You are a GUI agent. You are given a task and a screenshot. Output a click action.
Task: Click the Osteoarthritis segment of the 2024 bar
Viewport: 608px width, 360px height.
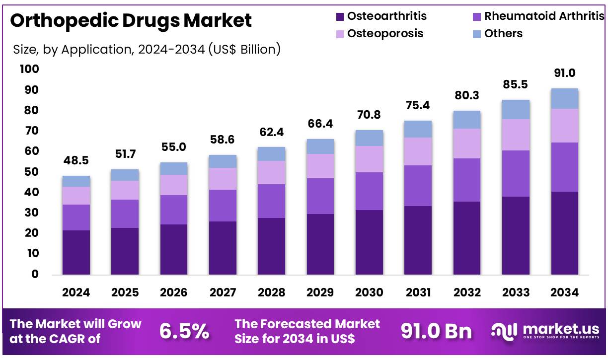pyautogui.click(x=76, y=252)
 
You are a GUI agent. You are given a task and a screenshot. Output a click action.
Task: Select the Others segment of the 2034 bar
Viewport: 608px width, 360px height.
pyautogui.click(x=565, y=98)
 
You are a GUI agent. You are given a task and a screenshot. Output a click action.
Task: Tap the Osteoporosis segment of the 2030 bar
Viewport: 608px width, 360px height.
pyautogui.click(x=369, y=159)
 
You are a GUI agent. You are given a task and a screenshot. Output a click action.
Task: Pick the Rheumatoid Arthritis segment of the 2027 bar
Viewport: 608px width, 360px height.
pyautogui.click(x=223, y=205)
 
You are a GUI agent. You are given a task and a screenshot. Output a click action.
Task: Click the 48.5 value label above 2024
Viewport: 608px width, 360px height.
pyautogui.click(x=76, y=161)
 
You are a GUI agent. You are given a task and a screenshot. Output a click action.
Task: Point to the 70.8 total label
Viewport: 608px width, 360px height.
pyautogui.click(x=369, y=115)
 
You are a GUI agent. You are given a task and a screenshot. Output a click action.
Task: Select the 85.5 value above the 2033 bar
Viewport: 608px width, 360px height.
pyautogui.click(x=516, y=85)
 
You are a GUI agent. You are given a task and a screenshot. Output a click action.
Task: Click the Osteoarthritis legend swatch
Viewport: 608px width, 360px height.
pyautogui.click(x=340, y=16)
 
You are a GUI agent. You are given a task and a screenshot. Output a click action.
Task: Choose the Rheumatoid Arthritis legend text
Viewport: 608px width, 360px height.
pyautogui.click(x=544, y=16)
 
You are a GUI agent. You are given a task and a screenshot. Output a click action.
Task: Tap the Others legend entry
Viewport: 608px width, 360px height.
pyautogui.click(x=503, y=33)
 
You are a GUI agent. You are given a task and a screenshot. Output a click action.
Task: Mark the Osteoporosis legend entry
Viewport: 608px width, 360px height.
pyautogui.click(x=385, y=33)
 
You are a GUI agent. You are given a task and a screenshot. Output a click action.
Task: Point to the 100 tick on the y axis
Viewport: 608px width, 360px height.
pyautogui.click(x=29, y=69)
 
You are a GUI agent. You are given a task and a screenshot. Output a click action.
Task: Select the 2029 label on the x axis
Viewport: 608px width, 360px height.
pyautogui.click(x=320, y=292)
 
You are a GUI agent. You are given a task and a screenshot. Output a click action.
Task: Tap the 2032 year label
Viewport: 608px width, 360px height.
pyautogui.click(x=467, y=292)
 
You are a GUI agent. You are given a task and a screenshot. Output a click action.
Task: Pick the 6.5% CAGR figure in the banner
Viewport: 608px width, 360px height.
pyautogui.click(x=184, y=331)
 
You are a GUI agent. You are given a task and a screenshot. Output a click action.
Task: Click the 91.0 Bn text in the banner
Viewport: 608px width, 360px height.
pyautogui.click(x=436, y=331)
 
